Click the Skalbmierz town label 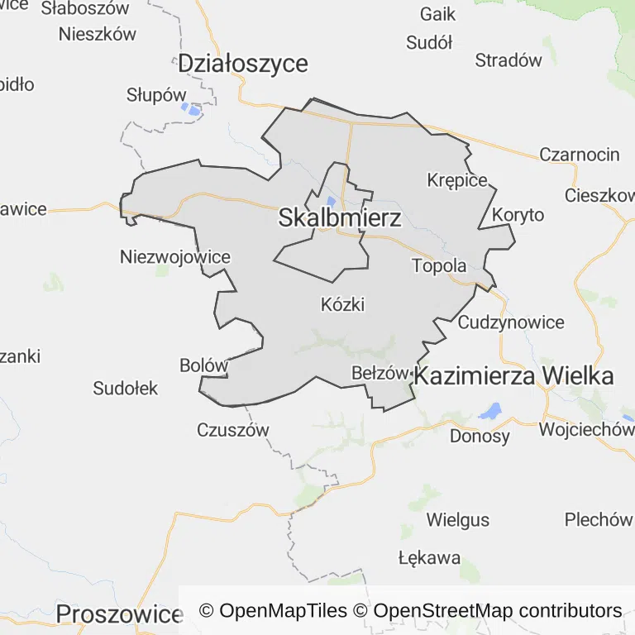click(340, 218)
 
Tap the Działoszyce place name click(243, 63)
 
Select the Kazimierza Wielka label click(513, 376)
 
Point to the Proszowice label click(119, 614)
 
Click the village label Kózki click(342, 304)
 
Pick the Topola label click(439, 266)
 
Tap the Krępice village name click(457, 179)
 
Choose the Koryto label click(518, 215)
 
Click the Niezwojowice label click(175, 256)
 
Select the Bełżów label click(380, 373)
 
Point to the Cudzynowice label click(511, 322)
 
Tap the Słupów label click(157, 94)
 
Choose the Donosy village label click(480, 435)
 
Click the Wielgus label click(457, 520)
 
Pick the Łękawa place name click(429, 556)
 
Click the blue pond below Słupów click(192, 109)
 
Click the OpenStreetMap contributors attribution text click(498, 611)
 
